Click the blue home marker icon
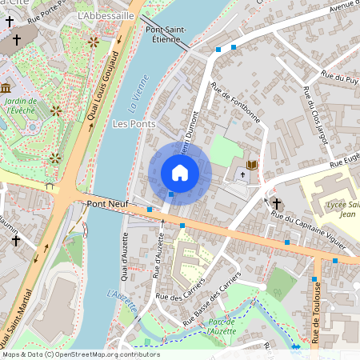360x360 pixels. coord(179,172)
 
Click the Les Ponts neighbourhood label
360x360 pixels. coord(134,124)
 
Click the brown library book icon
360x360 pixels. coord(252,165)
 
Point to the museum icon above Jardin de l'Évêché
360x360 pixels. coord(6,88)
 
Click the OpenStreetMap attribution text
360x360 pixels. coord(80,354)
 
